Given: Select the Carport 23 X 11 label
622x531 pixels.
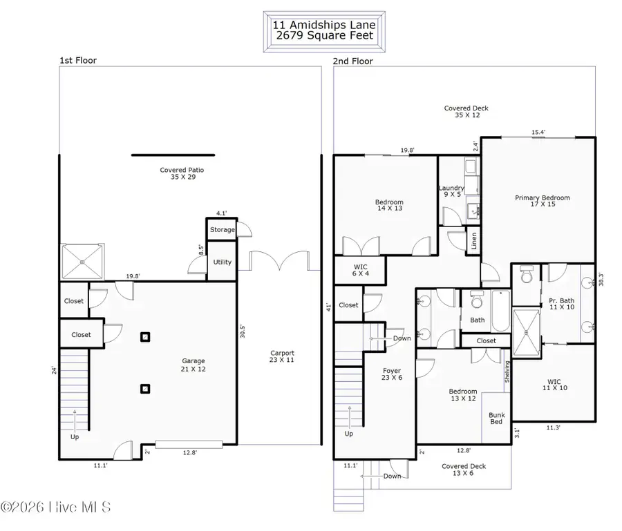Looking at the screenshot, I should point(282,356).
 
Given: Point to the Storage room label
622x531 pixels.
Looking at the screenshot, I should point(222,229).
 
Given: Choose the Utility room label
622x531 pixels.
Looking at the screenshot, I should point(222,262).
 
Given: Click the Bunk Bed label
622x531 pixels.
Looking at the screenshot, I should point(496,418).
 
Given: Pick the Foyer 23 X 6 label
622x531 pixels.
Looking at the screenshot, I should point(392,374).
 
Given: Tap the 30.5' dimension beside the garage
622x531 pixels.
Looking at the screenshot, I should point(243,331).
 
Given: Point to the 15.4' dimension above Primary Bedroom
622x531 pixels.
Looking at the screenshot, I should point(538,133).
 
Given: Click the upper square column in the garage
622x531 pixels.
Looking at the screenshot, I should point(145,337).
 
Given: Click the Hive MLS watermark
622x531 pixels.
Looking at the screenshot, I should point(55,508).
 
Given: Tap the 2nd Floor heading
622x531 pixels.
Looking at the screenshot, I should point(353,61).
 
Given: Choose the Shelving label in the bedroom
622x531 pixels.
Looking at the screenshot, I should point(507,373).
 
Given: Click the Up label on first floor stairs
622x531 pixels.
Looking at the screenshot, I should point(74,437).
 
